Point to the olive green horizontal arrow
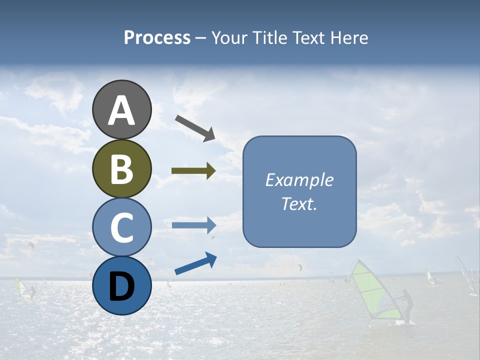pos(193,171)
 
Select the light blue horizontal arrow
pos(193,225)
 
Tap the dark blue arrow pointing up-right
pos(195,263)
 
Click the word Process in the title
pos(157,37)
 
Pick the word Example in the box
pos(299,180)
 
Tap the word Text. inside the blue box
pos(299,203)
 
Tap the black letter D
pos(121,287)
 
